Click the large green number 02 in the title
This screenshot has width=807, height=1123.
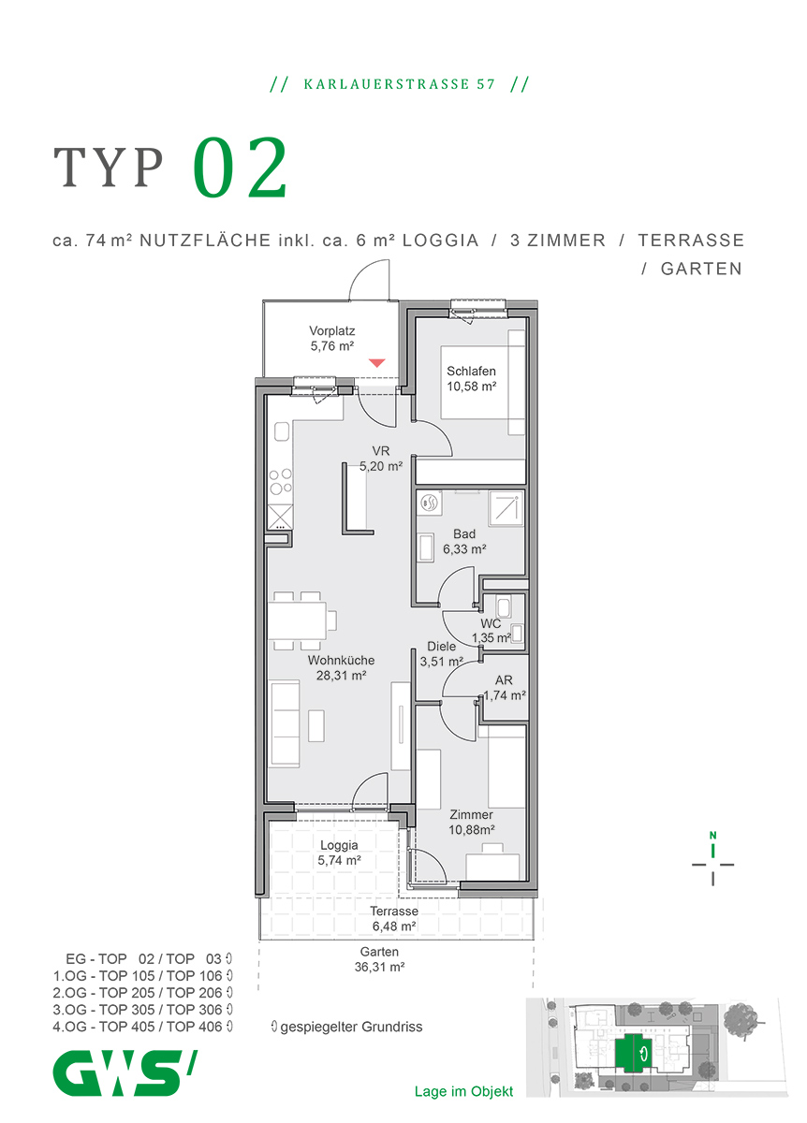pos(241,169)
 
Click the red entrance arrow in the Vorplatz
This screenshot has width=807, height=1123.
pos(376,362)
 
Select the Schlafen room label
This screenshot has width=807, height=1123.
pos(471,378)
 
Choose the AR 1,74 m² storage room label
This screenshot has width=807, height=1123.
pos(504,689)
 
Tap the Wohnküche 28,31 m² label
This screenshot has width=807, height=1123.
pos(341,667)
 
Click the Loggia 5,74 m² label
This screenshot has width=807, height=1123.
pos(340,853)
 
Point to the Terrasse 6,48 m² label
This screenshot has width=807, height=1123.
pos(393,918)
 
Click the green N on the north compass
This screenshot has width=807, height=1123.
pos(712,836)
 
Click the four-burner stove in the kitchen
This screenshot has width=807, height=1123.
pos(280,482)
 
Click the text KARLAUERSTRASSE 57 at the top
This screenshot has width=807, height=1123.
pos(399,84)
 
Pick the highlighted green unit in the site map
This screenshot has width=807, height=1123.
pos(636,1053)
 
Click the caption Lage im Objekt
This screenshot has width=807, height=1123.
pos(463,1091)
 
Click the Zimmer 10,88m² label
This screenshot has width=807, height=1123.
pos(470,822)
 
